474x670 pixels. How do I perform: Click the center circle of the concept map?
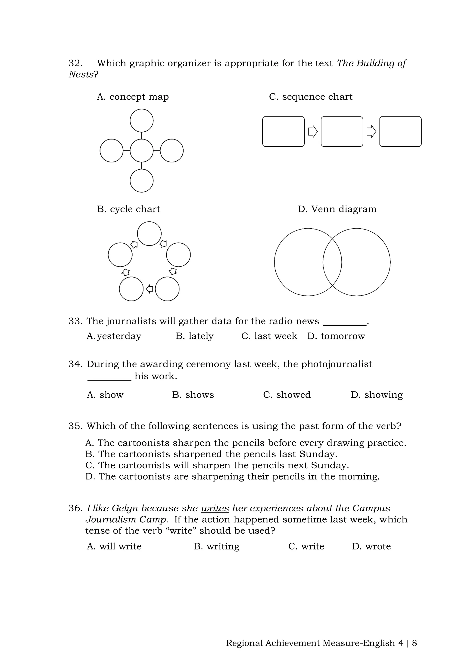click(x=142, y=151)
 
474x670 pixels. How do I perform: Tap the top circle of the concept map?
click(x=142, y=121)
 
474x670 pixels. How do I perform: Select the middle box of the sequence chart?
click(x=342, y=132)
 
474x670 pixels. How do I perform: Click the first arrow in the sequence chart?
click(x=313, y=132)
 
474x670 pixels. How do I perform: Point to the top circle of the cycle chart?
click(x=149, y=233)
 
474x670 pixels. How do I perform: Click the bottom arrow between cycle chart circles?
click(x=150, y=289)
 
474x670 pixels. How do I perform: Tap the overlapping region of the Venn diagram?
click(x=332, y=262)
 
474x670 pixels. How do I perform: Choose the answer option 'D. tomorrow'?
click(x=336, y=336)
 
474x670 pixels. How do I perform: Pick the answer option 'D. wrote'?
click(x=371, y=546)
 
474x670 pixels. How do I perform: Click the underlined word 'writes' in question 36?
click(x=215, y=508)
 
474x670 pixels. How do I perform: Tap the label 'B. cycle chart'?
click(x=128, y=209)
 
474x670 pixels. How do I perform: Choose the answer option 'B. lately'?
click(x=194, y=336)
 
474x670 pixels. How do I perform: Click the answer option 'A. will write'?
click(x=114, y=546)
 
